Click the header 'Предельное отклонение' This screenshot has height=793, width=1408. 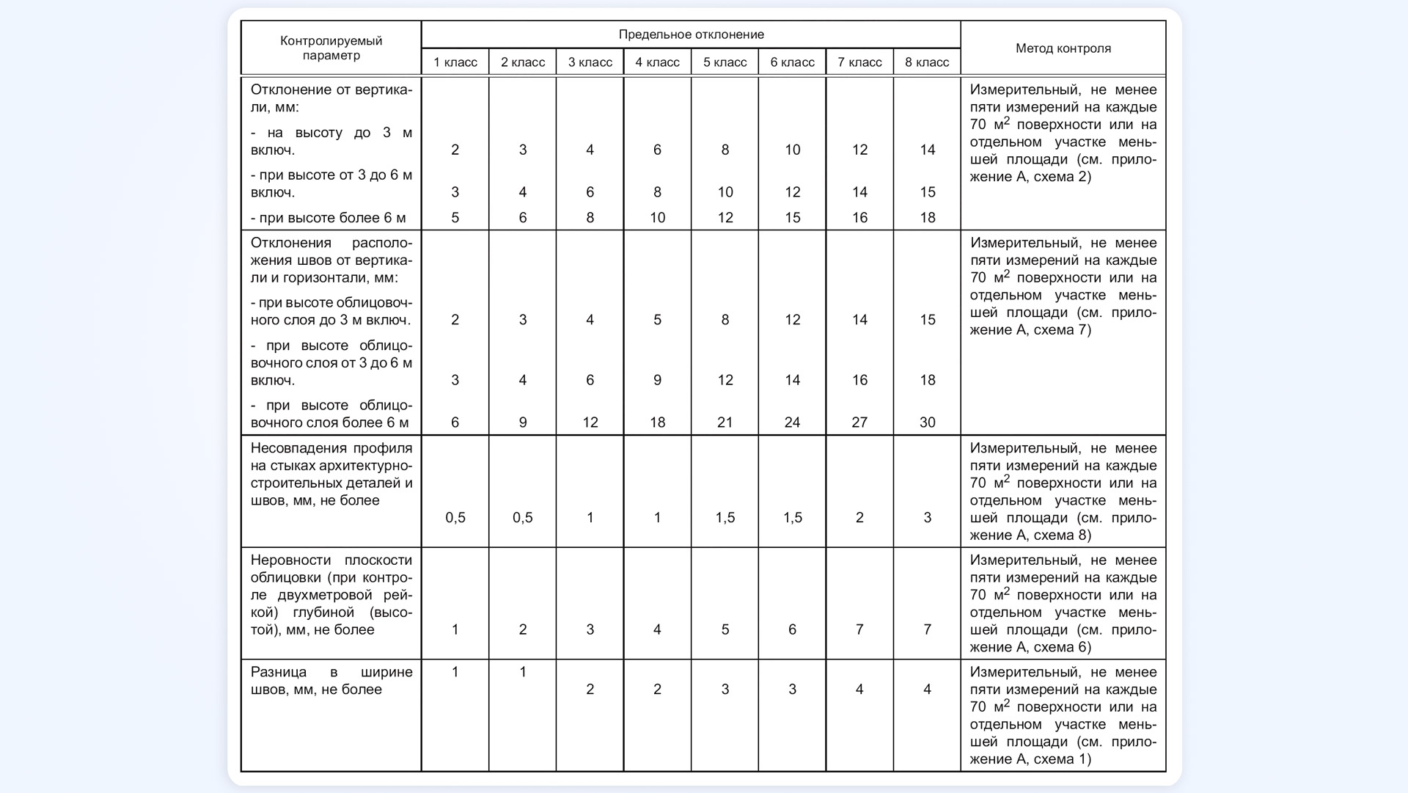691,34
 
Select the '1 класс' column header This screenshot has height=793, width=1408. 455,62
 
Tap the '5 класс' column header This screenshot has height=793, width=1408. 725,62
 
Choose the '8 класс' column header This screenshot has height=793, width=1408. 927,62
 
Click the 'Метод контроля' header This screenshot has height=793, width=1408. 1063,48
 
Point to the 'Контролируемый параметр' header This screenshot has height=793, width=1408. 331,48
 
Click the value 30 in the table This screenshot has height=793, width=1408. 927,423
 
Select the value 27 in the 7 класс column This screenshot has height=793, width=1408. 859,423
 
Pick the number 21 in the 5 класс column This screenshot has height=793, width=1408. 725,423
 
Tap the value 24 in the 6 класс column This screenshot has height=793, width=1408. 792,423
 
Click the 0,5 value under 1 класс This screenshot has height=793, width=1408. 455,518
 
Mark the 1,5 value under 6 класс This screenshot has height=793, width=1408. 792,518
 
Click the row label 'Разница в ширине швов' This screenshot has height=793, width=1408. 331,681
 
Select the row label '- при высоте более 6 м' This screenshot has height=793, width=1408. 328,218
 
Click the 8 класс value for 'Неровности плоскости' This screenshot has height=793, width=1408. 927,629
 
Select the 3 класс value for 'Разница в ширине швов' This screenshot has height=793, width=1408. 590,690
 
